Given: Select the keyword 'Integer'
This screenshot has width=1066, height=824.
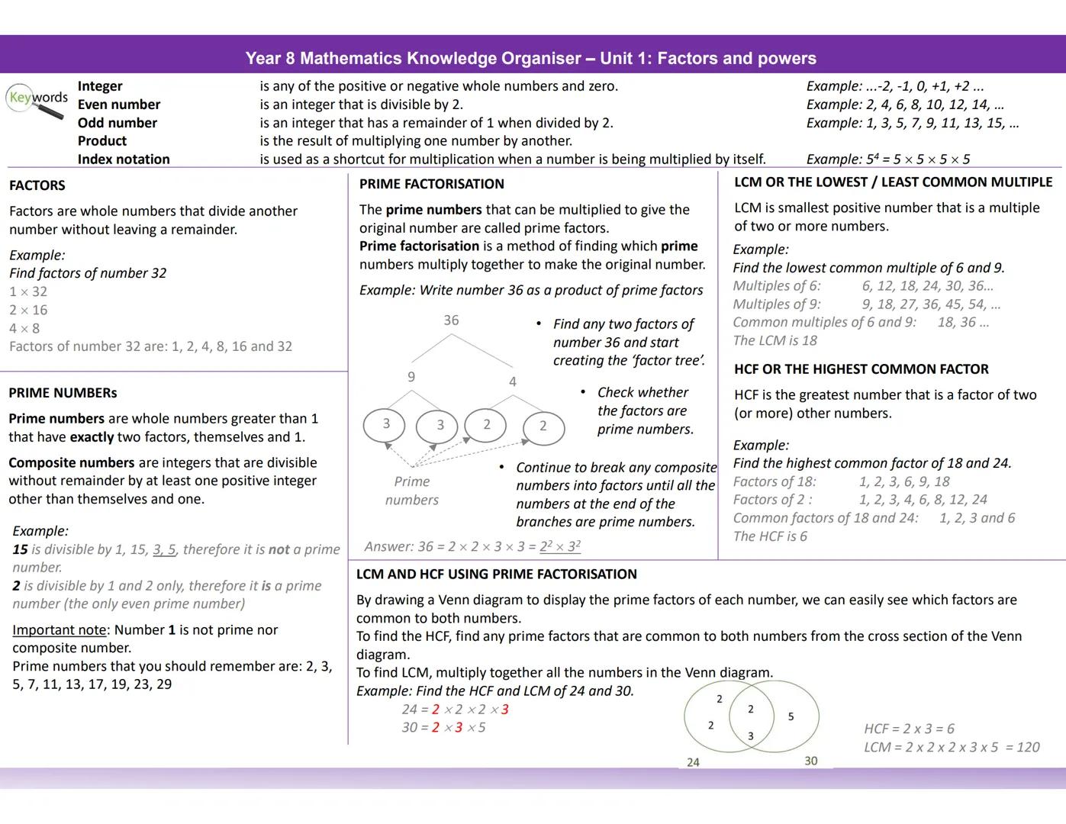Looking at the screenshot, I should [100, 86].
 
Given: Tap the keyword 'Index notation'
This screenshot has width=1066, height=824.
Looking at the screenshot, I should [124, 159].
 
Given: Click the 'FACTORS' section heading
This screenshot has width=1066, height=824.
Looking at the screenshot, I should [37, 185].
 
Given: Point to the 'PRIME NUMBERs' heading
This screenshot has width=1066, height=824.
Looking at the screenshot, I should [63, 393].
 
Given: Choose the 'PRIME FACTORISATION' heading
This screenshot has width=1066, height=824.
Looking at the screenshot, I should [432, 184].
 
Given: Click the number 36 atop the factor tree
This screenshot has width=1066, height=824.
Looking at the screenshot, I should [451, 320].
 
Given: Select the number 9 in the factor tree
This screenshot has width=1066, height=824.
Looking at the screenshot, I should [411, 376].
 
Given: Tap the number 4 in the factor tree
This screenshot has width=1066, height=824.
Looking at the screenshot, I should [512, 381].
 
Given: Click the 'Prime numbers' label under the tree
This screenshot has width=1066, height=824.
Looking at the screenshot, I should [412, 491].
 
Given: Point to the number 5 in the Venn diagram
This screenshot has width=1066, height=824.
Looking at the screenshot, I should [791, 716].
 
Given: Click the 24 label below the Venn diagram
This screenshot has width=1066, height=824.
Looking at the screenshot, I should [693, 762].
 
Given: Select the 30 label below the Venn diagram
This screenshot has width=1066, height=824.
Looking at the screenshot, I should [810, 761].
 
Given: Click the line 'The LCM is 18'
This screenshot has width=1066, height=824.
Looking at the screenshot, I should [775, 340].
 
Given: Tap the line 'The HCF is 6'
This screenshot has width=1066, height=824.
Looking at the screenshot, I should [770, 536].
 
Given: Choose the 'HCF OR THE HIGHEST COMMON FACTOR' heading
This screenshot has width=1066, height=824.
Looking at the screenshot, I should [861, 369].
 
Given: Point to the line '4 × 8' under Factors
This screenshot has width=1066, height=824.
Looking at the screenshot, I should [24, 328].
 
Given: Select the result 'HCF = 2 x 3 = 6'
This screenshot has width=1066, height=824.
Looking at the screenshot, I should [909, 729].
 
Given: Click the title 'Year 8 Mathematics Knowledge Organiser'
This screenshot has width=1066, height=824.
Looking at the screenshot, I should [413, 59].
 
